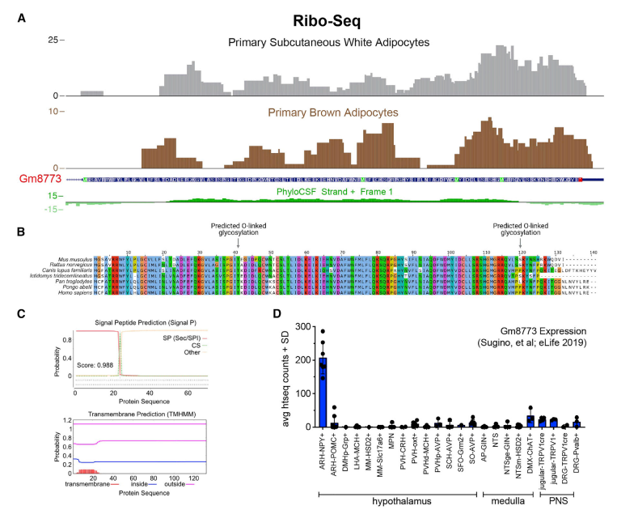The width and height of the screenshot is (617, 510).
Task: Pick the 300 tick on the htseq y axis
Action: pyautogui.click(x=303, y=304)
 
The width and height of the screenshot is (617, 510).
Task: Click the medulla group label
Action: pyautogui.click(x=504, y=499)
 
